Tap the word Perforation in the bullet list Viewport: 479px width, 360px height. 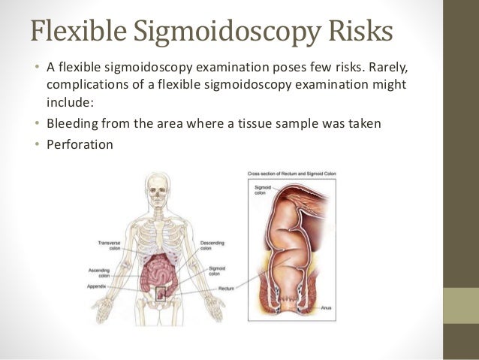point(80,143)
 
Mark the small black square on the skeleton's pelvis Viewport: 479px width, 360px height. point(160,293)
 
